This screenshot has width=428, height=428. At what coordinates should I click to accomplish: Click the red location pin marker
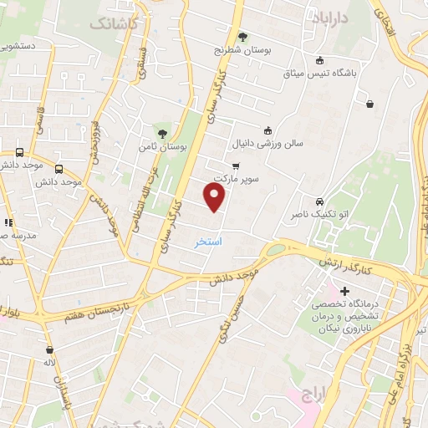pos(215,196)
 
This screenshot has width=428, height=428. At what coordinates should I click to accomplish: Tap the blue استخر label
pos(208,242)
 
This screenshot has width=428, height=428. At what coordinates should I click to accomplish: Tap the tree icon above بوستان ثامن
pos(162,132)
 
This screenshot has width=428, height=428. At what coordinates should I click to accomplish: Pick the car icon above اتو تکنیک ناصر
pos(319,201)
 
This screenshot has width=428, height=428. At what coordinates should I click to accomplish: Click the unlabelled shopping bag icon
pos(369,104)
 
